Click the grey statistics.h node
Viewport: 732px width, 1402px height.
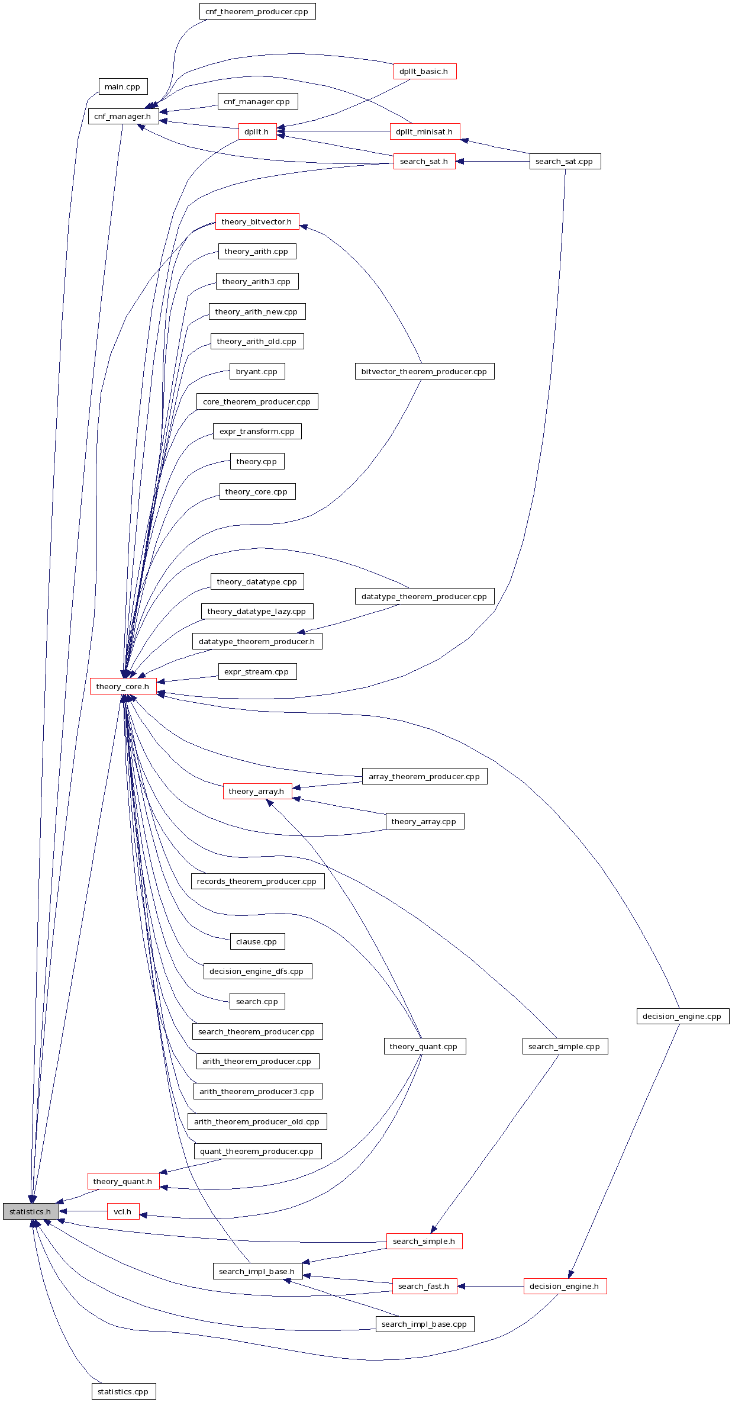tap(30, 1211)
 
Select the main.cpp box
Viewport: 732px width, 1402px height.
tap(122, 86)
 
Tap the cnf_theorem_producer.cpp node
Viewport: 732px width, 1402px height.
tap(257, 11)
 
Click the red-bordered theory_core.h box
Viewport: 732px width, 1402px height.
tap(122, 686)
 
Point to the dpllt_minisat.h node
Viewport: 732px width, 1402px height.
tap(424, 131)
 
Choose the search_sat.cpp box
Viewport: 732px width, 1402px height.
tap(565, 161)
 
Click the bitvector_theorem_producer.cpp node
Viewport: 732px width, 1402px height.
tap(424, 371)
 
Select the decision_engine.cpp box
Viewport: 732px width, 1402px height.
tap(682, 1016)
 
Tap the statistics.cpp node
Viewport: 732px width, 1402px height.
tap(123, 1391)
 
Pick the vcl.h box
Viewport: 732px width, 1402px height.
tap(122, 1211)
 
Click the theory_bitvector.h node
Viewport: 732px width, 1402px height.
tap(257, 221)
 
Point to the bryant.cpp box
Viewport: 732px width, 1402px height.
tap(257, 371)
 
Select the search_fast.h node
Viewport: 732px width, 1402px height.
tap(424, 1286)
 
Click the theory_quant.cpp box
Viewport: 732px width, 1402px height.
tap(424, 1046)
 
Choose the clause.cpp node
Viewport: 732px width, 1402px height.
tap(257, 941)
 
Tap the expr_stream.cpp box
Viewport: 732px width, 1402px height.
tap(257, 671)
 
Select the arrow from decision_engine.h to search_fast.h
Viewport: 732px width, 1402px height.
tap(491, 1286)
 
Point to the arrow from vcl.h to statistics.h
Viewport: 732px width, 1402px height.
tap(83, 1211)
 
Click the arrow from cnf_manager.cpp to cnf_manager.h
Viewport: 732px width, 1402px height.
tap(189, 109)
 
